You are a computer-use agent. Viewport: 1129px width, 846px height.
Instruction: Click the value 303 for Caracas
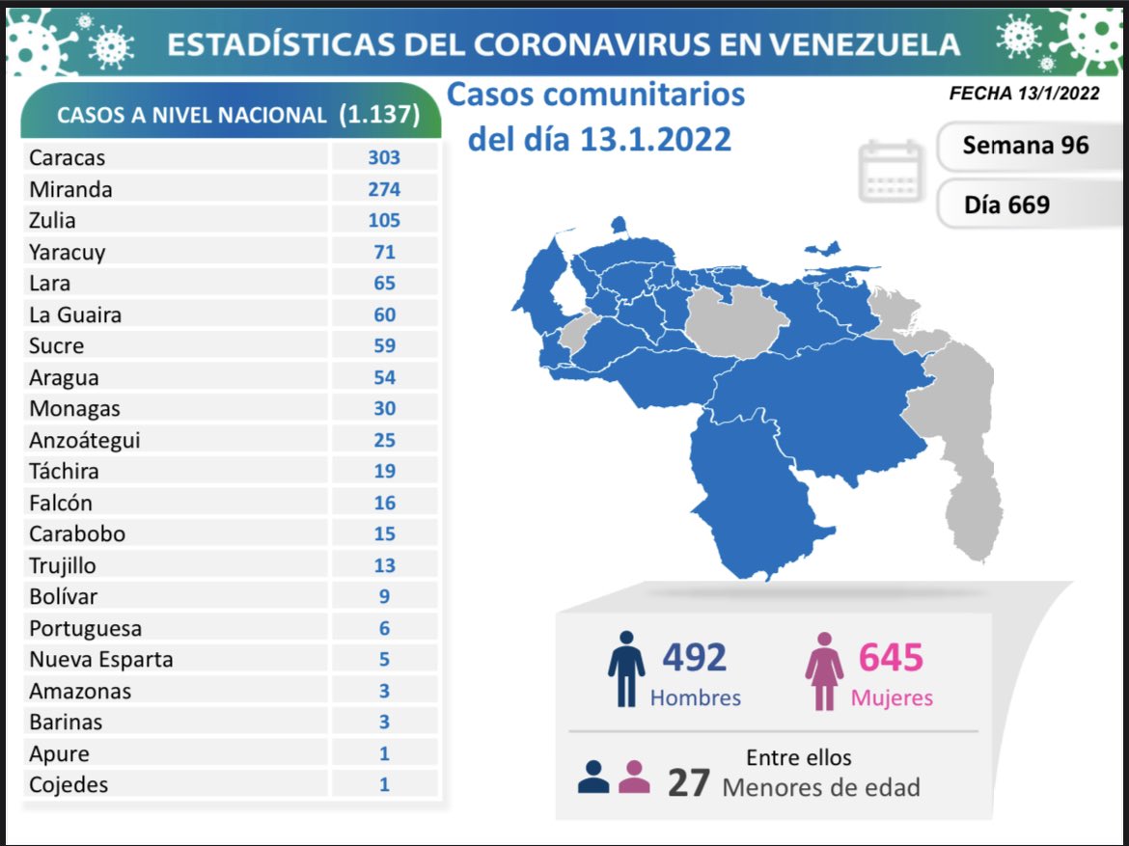[x=384, y=157]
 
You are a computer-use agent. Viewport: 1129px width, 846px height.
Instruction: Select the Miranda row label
[x=70, y=189]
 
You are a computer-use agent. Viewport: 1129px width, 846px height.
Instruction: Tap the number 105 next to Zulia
[x=384, y=220]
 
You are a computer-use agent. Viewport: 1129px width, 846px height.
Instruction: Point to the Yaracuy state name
[x=68, y=252]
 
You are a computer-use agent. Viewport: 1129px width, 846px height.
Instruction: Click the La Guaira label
[x=75, y=314]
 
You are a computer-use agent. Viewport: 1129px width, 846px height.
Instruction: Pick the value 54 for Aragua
[x=384, y=377]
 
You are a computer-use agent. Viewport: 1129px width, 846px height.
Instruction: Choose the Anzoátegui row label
[x=85, y=440]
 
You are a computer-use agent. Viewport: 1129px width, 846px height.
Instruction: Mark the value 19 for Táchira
[x=384, y=471]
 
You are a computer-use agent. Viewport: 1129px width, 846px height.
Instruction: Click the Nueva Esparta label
[x=101, y=660]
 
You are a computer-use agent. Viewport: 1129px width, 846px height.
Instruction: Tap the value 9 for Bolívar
[x=384, y=596]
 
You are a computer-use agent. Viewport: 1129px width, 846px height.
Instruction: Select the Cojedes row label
[x=69, y=784]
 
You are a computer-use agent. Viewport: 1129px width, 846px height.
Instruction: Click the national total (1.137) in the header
[x=379, y=114]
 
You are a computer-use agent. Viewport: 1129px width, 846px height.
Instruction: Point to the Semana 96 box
[x=1025, y=145]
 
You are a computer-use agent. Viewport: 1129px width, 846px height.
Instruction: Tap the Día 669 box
[x=1006, y=204]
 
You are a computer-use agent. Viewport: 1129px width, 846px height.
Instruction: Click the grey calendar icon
[x=891, y=170]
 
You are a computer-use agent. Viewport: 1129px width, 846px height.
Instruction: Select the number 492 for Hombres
[x=694, y=657]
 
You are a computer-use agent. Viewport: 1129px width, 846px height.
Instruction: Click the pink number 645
[x=891, y=657]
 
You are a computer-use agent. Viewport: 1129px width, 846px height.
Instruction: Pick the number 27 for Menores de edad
[x=689, y=782]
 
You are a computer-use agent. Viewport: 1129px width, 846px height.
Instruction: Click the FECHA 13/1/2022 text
[x=1024, y=94]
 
